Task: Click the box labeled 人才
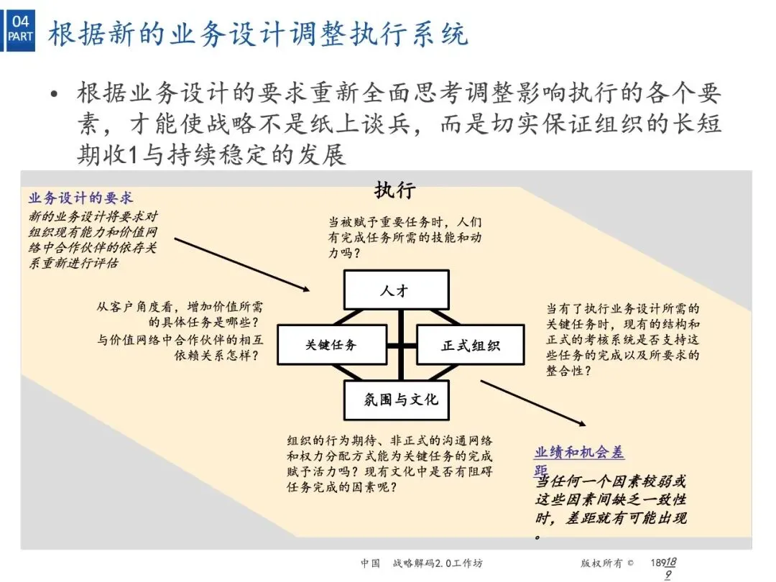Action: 396,291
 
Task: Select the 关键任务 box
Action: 330,345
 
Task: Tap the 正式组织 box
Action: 470,346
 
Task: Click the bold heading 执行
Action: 394,190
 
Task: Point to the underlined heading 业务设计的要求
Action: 80,198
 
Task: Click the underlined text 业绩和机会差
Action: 579,452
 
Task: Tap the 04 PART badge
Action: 21,28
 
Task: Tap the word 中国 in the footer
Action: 370,563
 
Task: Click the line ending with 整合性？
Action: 568,371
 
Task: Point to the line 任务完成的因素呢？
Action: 343,487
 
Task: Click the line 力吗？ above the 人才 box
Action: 344,254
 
